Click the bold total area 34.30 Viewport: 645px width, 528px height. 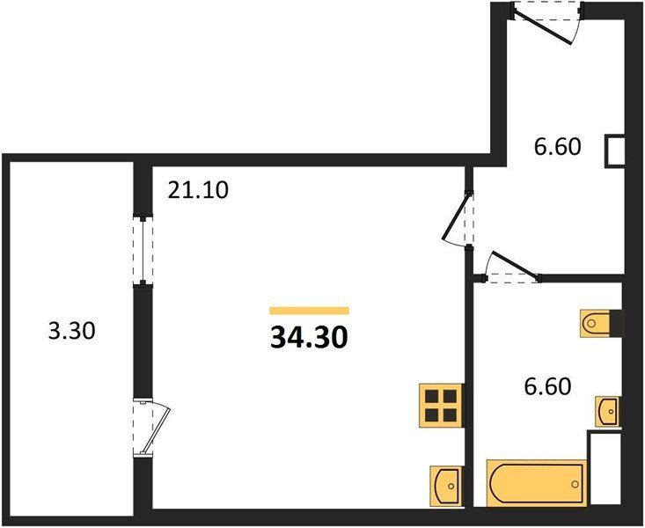(x=309, y=338)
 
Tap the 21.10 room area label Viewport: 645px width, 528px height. (x=198, y=191)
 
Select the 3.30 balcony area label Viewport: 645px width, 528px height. (x=71, y=331)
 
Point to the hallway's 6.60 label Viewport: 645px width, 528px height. (x=557, y=146)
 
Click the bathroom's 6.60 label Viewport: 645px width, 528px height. (x=547, y=386)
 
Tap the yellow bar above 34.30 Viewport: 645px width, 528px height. (x=309, y=311)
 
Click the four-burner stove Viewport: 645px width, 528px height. (x=442, y=406)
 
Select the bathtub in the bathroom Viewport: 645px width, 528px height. (x=537, y=483)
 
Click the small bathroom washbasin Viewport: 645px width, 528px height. (x=608, y=412)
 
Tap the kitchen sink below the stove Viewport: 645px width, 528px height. (x=446, y=486)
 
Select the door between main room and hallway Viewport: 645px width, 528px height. (x=458, y=220)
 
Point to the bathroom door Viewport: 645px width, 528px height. (x=511, y=267)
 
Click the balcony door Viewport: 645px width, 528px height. (x=151, y=428)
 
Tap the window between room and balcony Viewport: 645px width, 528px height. (x=143, y=251)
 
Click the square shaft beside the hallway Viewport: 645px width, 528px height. (x=615, y=151)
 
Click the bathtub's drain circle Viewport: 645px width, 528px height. (x=575, y=484)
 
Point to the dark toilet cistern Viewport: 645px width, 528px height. (x=617, y=324)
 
